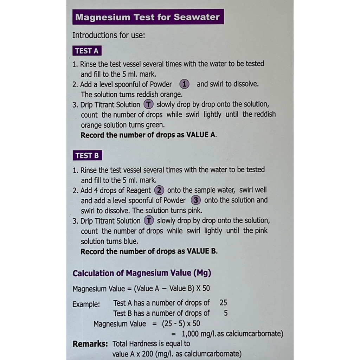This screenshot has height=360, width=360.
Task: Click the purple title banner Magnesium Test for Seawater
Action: coord(148,17)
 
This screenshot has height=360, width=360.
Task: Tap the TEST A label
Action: coord(87,51)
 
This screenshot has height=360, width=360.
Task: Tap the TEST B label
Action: coord(87,155)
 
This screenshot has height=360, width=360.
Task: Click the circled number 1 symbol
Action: coord(185,84)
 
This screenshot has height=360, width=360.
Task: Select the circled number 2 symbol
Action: coord(159,191)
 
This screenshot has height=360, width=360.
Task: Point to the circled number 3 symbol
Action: coord(196,200)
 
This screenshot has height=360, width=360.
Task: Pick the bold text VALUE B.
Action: coord(201,251)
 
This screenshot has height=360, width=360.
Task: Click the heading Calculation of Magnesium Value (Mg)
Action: coord(142,273)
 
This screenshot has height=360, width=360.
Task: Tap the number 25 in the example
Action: coord(223,303)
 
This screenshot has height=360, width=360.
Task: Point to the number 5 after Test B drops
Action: coord(225,313)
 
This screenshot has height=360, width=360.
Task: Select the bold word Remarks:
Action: coord(90,344)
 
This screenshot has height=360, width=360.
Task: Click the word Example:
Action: coord(86,304)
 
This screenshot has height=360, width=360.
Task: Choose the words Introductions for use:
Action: coord(108,35)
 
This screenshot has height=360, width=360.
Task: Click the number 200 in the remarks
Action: coord(147,354)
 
